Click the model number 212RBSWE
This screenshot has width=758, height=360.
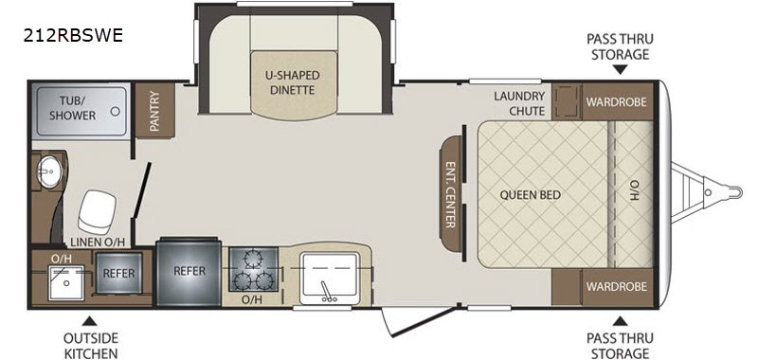coord(73,35)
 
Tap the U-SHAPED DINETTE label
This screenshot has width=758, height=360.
coord(293,82)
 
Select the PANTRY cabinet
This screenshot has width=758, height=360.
coord(154,111)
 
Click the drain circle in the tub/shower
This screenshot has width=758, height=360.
coord(115,111)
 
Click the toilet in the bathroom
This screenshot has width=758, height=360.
coord(98,211)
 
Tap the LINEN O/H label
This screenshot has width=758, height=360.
coord(99,243)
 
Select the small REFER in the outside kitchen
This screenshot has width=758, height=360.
coord(119,273)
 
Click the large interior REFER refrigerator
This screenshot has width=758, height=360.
coord(189,271)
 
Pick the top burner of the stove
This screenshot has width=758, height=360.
coord(252,260)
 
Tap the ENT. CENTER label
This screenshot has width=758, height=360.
coord(450,194)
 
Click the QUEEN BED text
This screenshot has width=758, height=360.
coord(531,195)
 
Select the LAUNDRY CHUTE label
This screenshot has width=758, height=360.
coord(518,103)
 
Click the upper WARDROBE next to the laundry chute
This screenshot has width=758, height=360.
coord(617,101)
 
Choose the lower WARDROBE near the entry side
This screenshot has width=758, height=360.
coord(617,286)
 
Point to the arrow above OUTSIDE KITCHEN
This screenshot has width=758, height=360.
coord(89,321)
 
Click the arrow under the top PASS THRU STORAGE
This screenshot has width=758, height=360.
coord(621,70)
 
